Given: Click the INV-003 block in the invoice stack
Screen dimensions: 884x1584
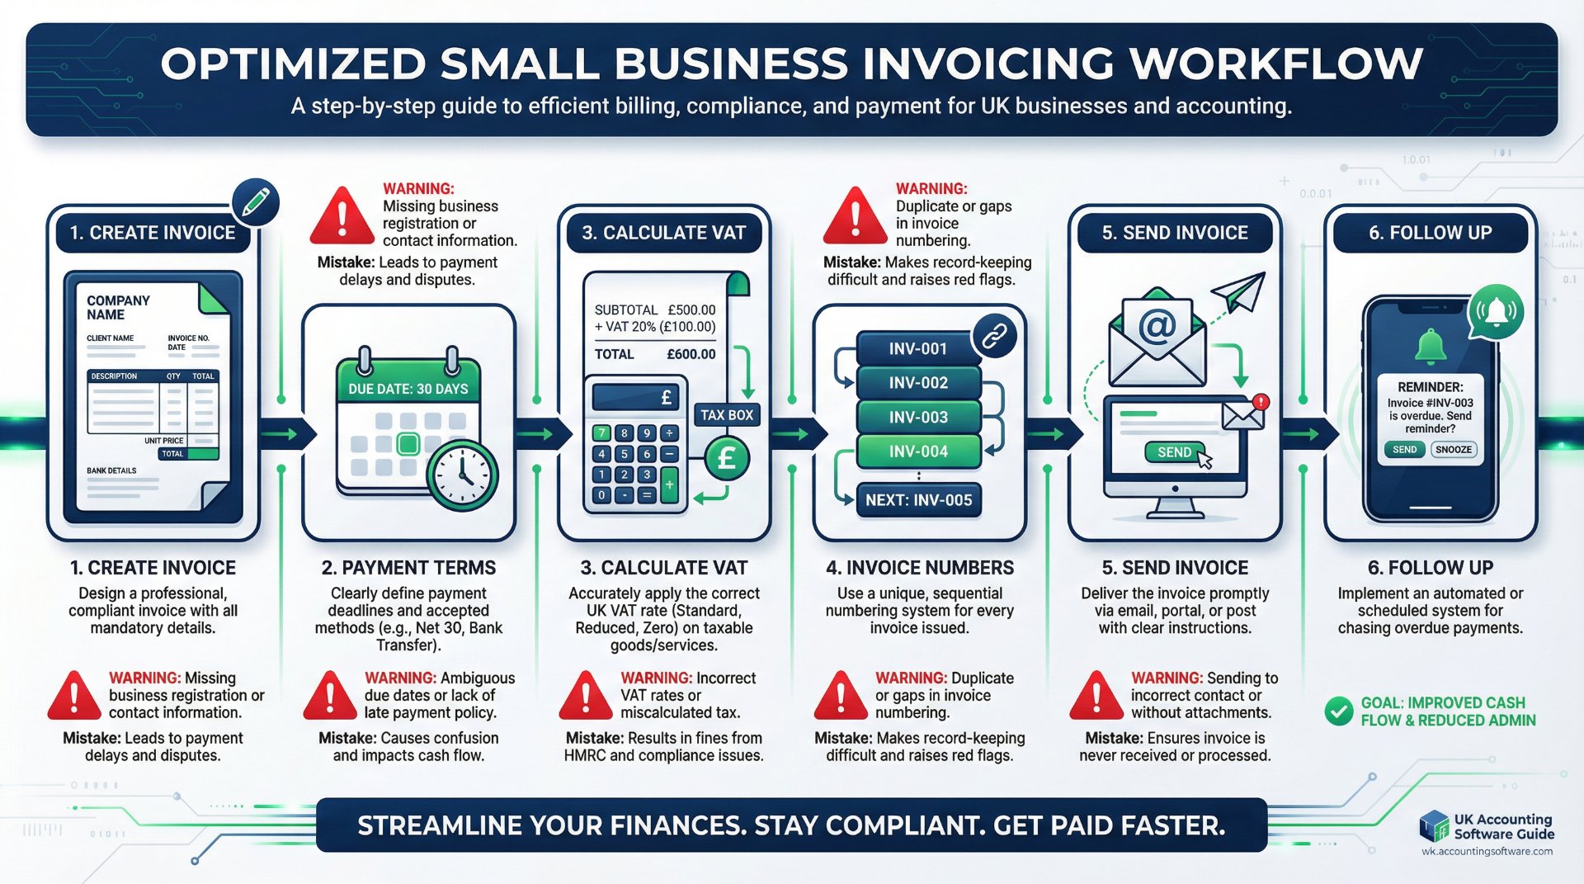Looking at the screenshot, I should point(918,418).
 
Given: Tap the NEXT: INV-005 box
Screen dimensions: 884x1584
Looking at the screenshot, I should point(918,500).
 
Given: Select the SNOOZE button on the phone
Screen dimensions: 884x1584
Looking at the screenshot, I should point(1454,450).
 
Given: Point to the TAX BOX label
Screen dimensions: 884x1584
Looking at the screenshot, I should point(727,415).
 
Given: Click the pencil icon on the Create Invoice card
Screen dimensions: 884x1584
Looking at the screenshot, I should point(256,202).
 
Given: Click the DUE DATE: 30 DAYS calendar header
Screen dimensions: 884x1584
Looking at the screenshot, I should point(408,389).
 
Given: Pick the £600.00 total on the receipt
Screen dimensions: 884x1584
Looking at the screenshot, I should point(691,354).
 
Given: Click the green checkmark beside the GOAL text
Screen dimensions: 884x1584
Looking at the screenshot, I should point(1338,711).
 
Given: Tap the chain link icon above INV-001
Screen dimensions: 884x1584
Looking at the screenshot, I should point(994,336).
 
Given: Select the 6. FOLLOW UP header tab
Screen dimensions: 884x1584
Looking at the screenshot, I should point(1430,233).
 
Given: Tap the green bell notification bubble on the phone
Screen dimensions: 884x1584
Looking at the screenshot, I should point(1495,312).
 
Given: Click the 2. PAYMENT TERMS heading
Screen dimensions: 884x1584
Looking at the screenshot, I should point(408,568).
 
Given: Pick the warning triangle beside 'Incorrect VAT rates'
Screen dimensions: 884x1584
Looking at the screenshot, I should point(586,696).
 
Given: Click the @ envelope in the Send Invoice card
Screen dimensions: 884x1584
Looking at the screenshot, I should point(1157,338).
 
